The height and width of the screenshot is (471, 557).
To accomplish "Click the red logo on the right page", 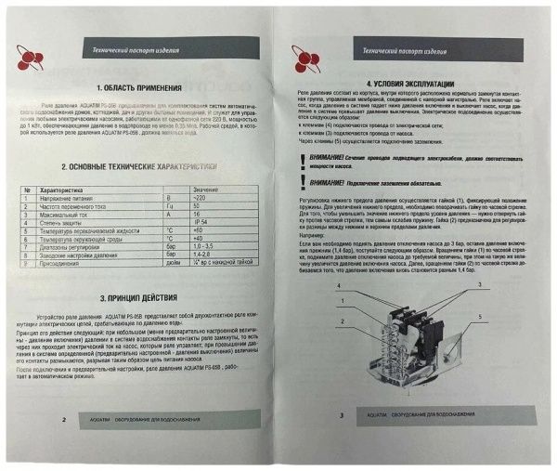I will click(306, 59).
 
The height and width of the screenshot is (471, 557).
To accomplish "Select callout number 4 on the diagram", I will click(342, 284).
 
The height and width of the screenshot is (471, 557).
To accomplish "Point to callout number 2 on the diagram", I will click(343, 321).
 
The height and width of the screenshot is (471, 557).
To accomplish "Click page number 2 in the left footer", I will click(62, 419).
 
